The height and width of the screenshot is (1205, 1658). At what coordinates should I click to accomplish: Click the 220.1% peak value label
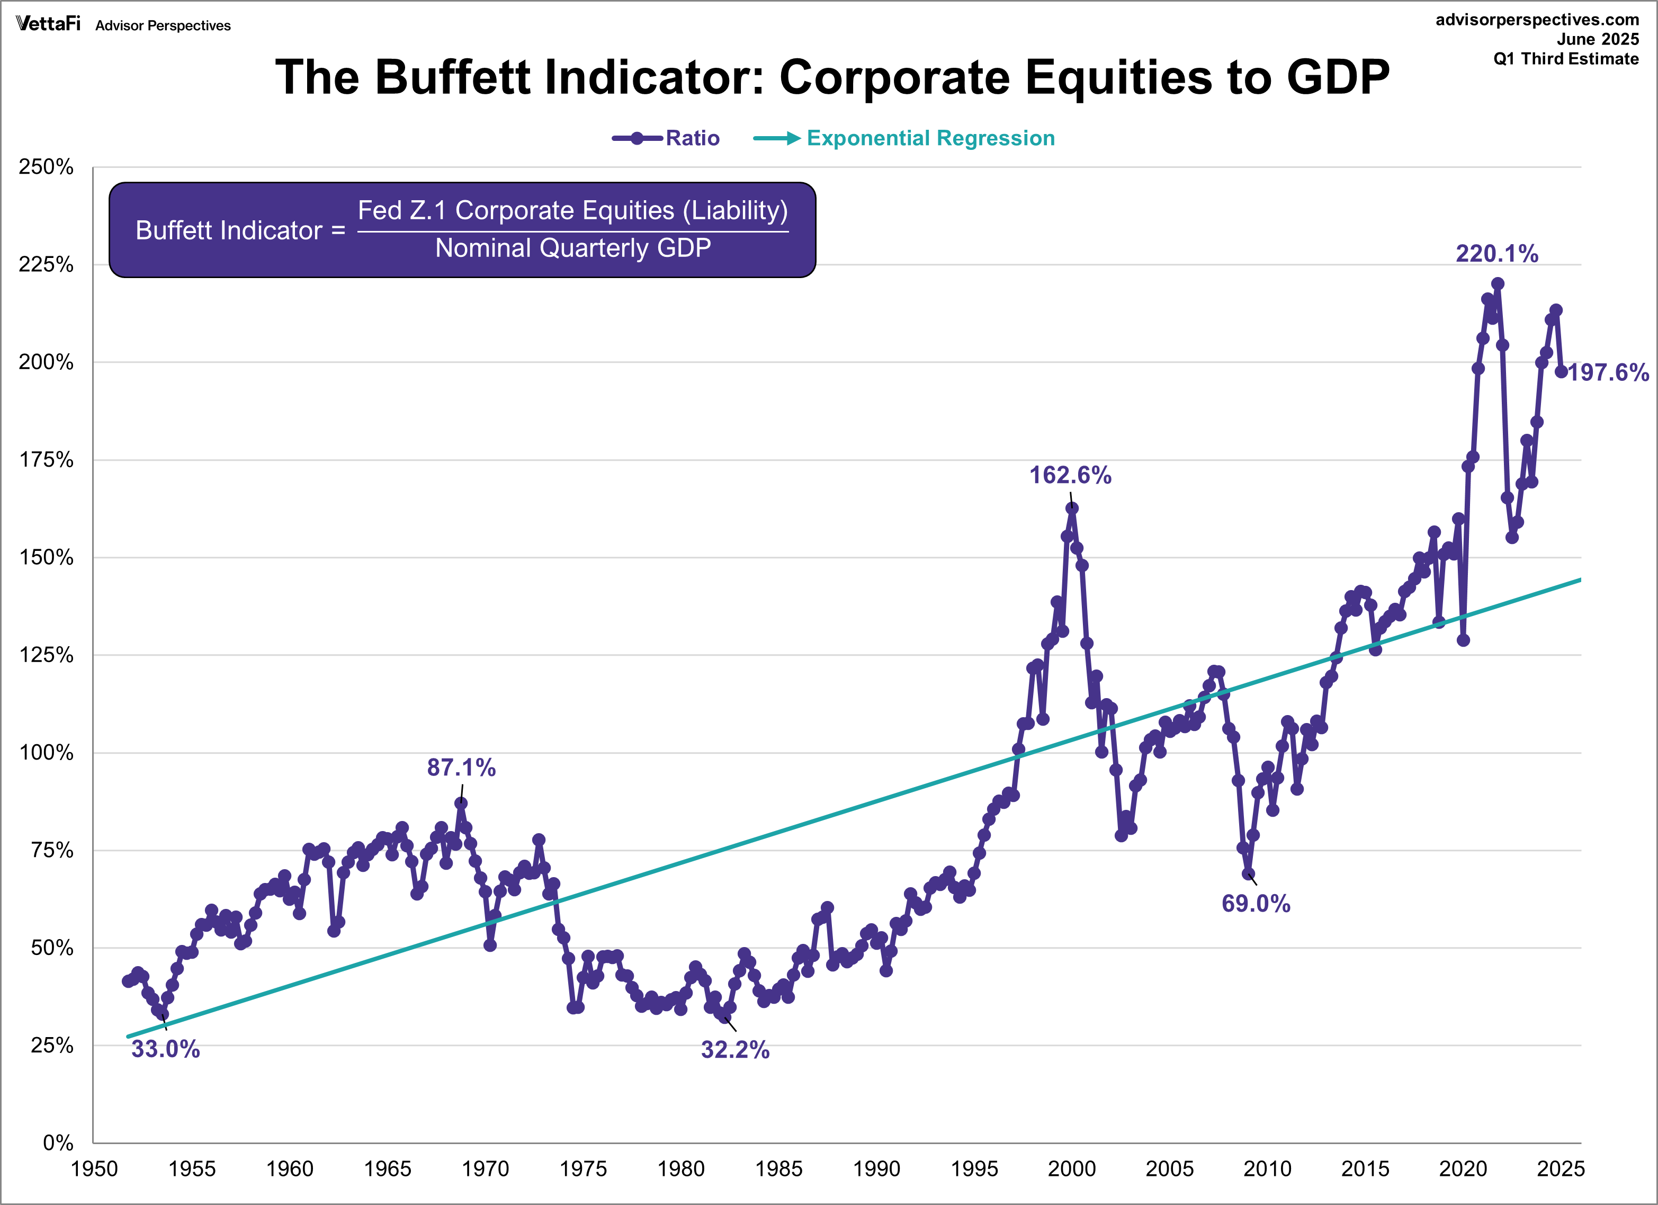point(1496,254)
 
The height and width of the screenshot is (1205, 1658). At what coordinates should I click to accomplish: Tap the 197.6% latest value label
point(1608,373)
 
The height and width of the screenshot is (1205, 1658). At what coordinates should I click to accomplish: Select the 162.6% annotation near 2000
point(1070,475)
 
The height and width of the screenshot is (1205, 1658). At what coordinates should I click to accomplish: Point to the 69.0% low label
point(1256,904)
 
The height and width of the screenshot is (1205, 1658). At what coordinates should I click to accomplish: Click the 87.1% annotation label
point(461,767)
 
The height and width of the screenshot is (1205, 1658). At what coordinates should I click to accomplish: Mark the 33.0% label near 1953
point(165,1049)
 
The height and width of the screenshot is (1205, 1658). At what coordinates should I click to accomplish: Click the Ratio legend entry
point(692,138)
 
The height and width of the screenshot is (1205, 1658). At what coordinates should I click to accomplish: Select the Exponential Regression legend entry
point(930,138)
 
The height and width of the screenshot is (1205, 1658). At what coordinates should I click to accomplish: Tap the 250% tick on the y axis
point(46,167)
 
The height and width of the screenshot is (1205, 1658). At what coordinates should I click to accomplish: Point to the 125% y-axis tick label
point(46,655)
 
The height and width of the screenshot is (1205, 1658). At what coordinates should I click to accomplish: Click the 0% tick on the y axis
point(58,1143)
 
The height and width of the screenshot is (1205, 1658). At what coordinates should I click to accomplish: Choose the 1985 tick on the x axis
point(778,1169)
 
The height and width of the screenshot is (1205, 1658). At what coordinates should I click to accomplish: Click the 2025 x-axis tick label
point(1560,1169)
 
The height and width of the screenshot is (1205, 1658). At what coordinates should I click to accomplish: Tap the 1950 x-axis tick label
point(94,1169)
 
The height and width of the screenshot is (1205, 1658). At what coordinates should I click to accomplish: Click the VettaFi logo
point(48,24)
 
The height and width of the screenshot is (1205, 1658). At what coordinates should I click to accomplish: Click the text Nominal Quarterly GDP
point(572,248)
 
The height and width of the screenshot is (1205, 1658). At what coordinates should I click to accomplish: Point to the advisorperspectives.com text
point(1537,20)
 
